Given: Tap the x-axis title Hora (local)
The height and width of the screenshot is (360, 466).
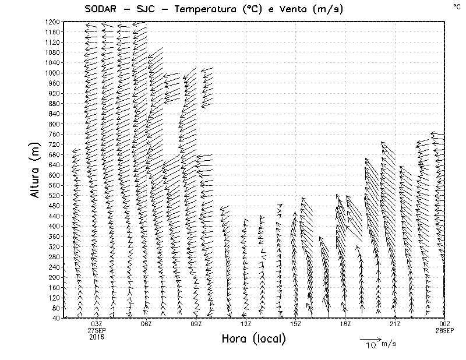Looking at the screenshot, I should coord(254,338).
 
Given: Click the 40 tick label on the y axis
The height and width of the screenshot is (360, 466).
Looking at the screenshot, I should coord(57,317).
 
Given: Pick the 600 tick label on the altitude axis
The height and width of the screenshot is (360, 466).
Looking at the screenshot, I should coord(54,175).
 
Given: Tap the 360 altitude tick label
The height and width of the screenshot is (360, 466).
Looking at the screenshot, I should coord(54,236).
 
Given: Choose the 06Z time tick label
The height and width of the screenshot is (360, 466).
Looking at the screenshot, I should coord(146,324).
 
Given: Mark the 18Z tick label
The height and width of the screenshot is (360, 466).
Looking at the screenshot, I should coord(345,324).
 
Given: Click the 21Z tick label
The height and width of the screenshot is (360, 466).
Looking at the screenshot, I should coord(395,324).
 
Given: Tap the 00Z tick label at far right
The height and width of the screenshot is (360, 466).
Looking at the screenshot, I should coord(444,324).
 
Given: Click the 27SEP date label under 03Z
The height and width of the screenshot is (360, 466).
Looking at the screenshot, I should coord(97,330).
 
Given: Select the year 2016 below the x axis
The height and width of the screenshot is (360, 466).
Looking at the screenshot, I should coord(97,337).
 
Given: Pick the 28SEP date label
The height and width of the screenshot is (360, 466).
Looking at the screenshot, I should coord(444,330).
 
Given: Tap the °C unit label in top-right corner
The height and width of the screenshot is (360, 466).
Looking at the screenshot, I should coord(457,6).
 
